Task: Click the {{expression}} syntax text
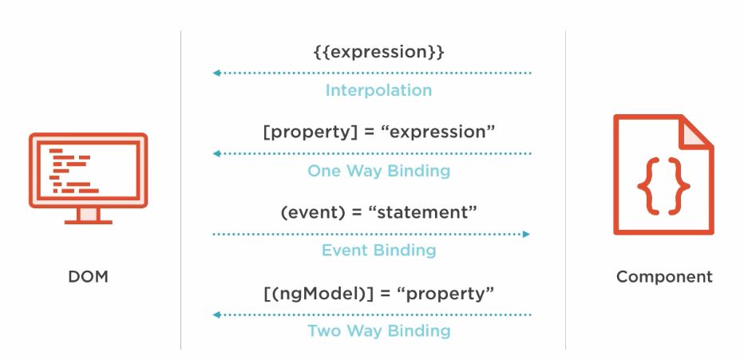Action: coord(378,52)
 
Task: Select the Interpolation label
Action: coord(378,90)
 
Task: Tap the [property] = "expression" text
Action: coord(378,132)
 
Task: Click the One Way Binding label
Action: coord(378,171)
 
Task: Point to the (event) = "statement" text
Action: coord(378,212)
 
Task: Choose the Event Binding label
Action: coord(378,250)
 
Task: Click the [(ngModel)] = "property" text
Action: coord(378,293)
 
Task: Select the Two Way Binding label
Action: coord(378,330)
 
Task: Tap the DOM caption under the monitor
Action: coord(89,276)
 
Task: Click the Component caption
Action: coord(664,276)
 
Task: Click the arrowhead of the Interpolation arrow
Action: coord(216,73)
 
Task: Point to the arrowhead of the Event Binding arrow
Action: coord(526,234)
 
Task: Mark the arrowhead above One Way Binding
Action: coord(216,154)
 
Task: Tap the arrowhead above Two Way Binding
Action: coord(216,315)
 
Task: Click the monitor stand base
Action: coord(89,221)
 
